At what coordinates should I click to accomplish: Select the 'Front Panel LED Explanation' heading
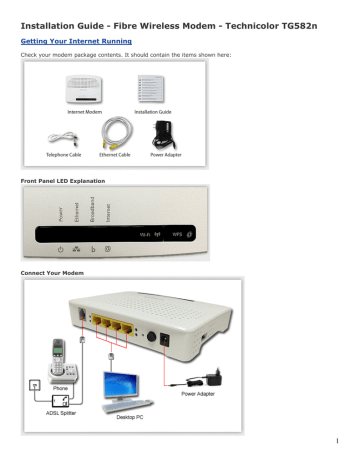click(x=60, y=176)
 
